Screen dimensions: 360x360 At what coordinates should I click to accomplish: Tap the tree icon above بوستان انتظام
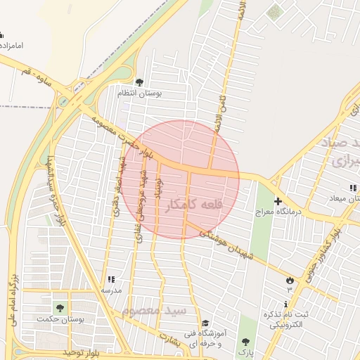(x=139, y=82)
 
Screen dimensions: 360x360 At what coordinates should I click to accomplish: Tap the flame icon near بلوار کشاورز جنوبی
(x=289, y=281)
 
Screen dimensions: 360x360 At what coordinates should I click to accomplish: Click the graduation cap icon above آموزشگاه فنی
(x=205, y=323)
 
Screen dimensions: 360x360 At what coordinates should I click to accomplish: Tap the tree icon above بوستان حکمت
(x=59, y=308)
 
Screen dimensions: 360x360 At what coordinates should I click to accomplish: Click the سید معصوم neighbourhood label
(x=154, y=310)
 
